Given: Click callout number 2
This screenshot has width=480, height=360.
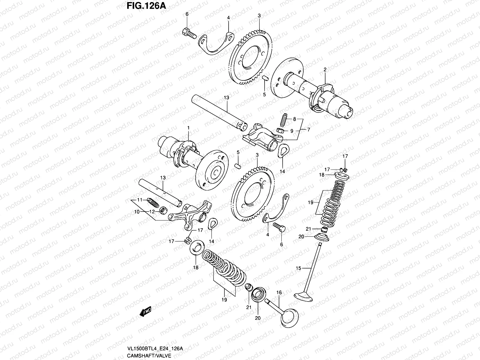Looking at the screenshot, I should (x=325, y=70).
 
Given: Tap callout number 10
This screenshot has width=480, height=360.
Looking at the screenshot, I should (x=136, y=211).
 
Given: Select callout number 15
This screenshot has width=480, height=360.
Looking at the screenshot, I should (x=298, y=268).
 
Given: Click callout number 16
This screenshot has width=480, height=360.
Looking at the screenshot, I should (x=279, y=292).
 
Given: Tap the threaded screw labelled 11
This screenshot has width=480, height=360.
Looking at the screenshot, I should (x=152, y=202).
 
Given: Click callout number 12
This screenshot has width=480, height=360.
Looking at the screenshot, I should (x=152, y=211).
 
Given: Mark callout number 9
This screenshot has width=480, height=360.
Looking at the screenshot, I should (x=292, y=131).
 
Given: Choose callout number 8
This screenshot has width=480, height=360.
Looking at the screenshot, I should (x=294, y=119).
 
